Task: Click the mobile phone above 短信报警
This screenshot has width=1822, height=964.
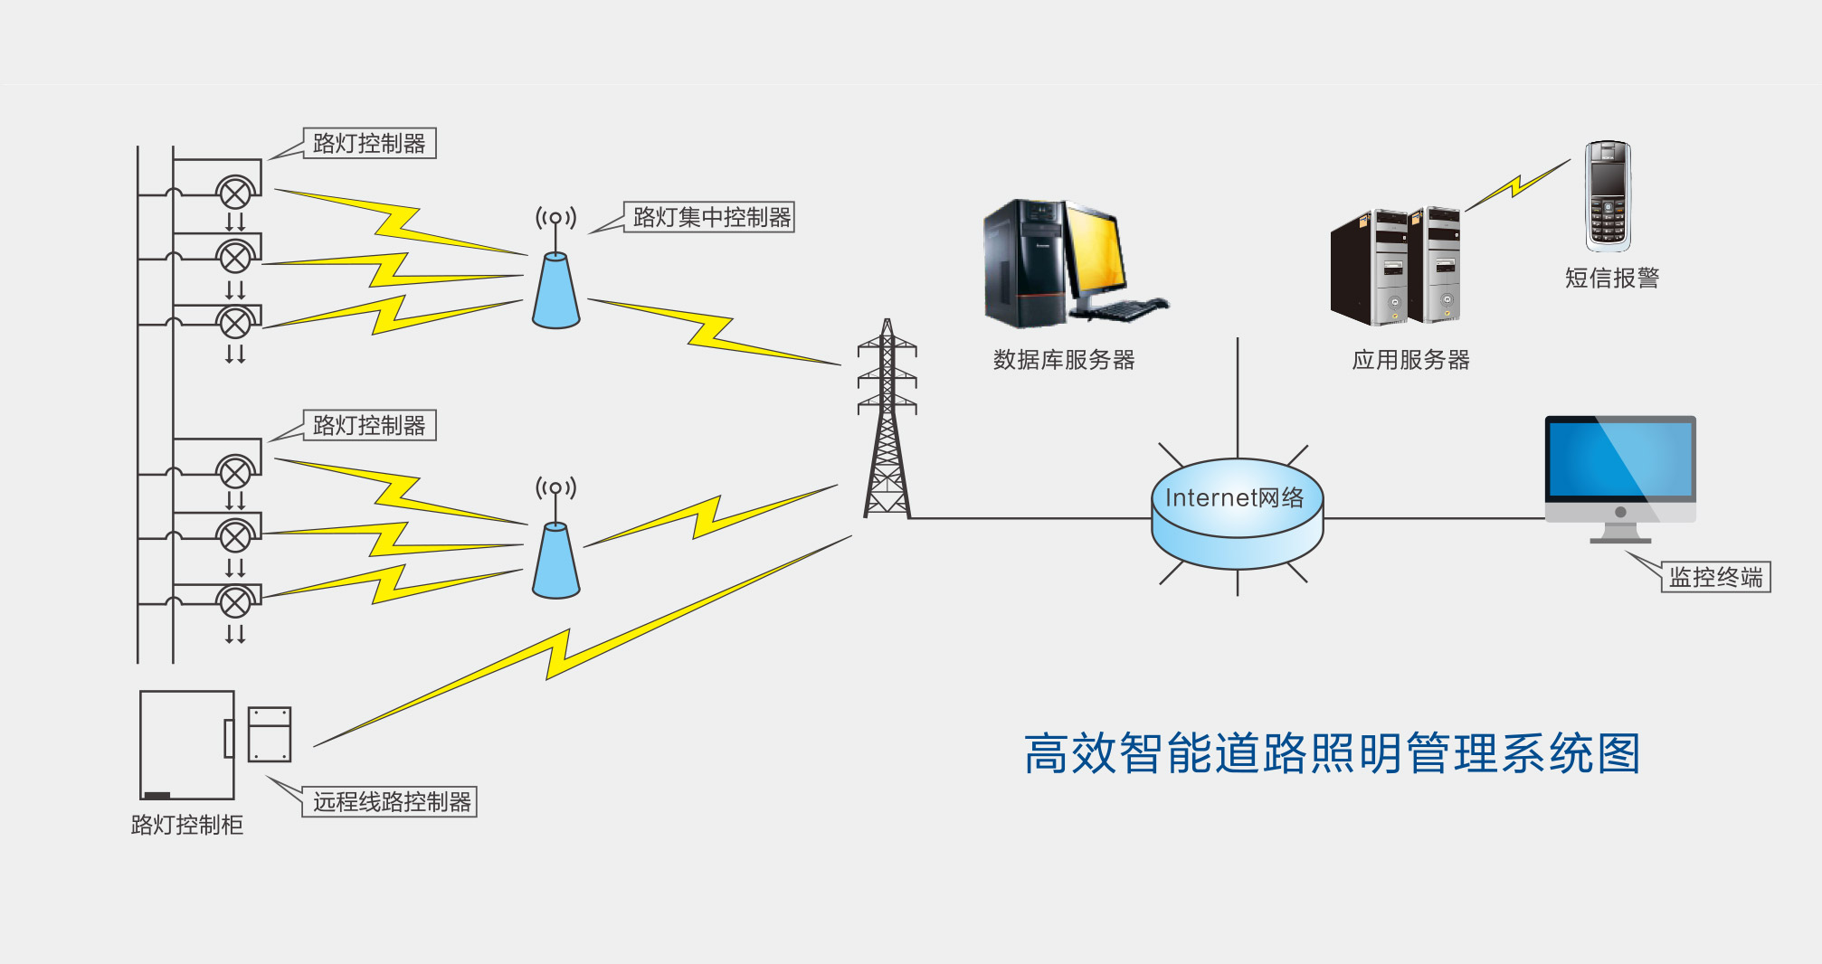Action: [1608, 195]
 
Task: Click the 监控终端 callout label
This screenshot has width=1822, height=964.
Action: [1715, 577]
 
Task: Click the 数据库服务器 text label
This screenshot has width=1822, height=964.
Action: [1064, 360]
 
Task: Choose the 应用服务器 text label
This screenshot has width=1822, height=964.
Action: [1410, 360]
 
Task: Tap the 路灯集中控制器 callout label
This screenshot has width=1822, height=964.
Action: [711, 217]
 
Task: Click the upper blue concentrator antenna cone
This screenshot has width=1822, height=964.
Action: [555, 291]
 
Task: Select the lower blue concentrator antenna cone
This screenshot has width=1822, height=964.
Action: [555, 562]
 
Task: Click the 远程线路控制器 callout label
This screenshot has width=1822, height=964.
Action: [391, 802]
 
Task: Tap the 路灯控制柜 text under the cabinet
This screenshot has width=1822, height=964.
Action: [187, 825]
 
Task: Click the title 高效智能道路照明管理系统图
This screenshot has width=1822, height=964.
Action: [1332, 753]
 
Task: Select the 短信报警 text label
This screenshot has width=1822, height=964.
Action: [1611, 278]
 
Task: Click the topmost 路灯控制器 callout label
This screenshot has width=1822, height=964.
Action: [369, 144]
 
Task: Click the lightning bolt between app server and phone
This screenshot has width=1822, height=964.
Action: [1517, 186]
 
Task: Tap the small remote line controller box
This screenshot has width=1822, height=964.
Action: [270, 734]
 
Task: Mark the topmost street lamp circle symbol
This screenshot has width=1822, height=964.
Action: [235, 193]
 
